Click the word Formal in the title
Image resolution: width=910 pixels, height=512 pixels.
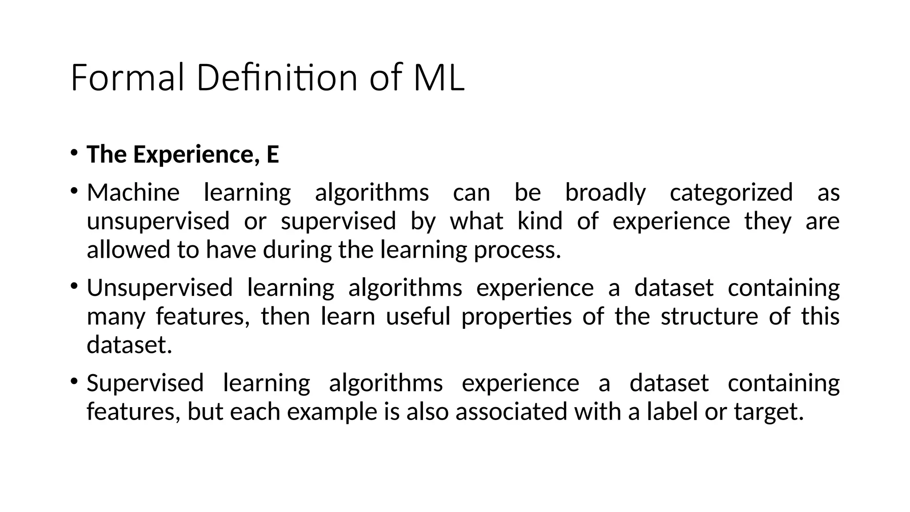coord(127,78)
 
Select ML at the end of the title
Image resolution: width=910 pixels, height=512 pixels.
coord(439,78)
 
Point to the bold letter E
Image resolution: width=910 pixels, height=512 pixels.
coord(272,155)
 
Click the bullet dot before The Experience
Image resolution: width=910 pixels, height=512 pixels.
coord(74,153)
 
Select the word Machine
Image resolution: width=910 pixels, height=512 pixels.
coord(133,193)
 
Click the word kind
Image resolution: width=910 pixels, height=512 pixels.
coord(540,221)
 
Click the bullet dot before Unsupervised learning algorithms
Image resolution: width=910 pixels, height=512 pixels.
coord(74,286)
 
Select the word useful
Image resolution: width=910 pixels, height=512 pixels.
coord(418,316)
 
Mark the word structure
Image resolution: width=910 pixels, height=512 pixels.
coord(709,316)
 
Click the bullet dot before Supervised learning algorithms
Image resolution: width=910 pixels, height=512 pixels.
coord(74,381)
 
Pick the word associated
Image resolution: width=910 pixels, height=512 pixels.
coord(511,412)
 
